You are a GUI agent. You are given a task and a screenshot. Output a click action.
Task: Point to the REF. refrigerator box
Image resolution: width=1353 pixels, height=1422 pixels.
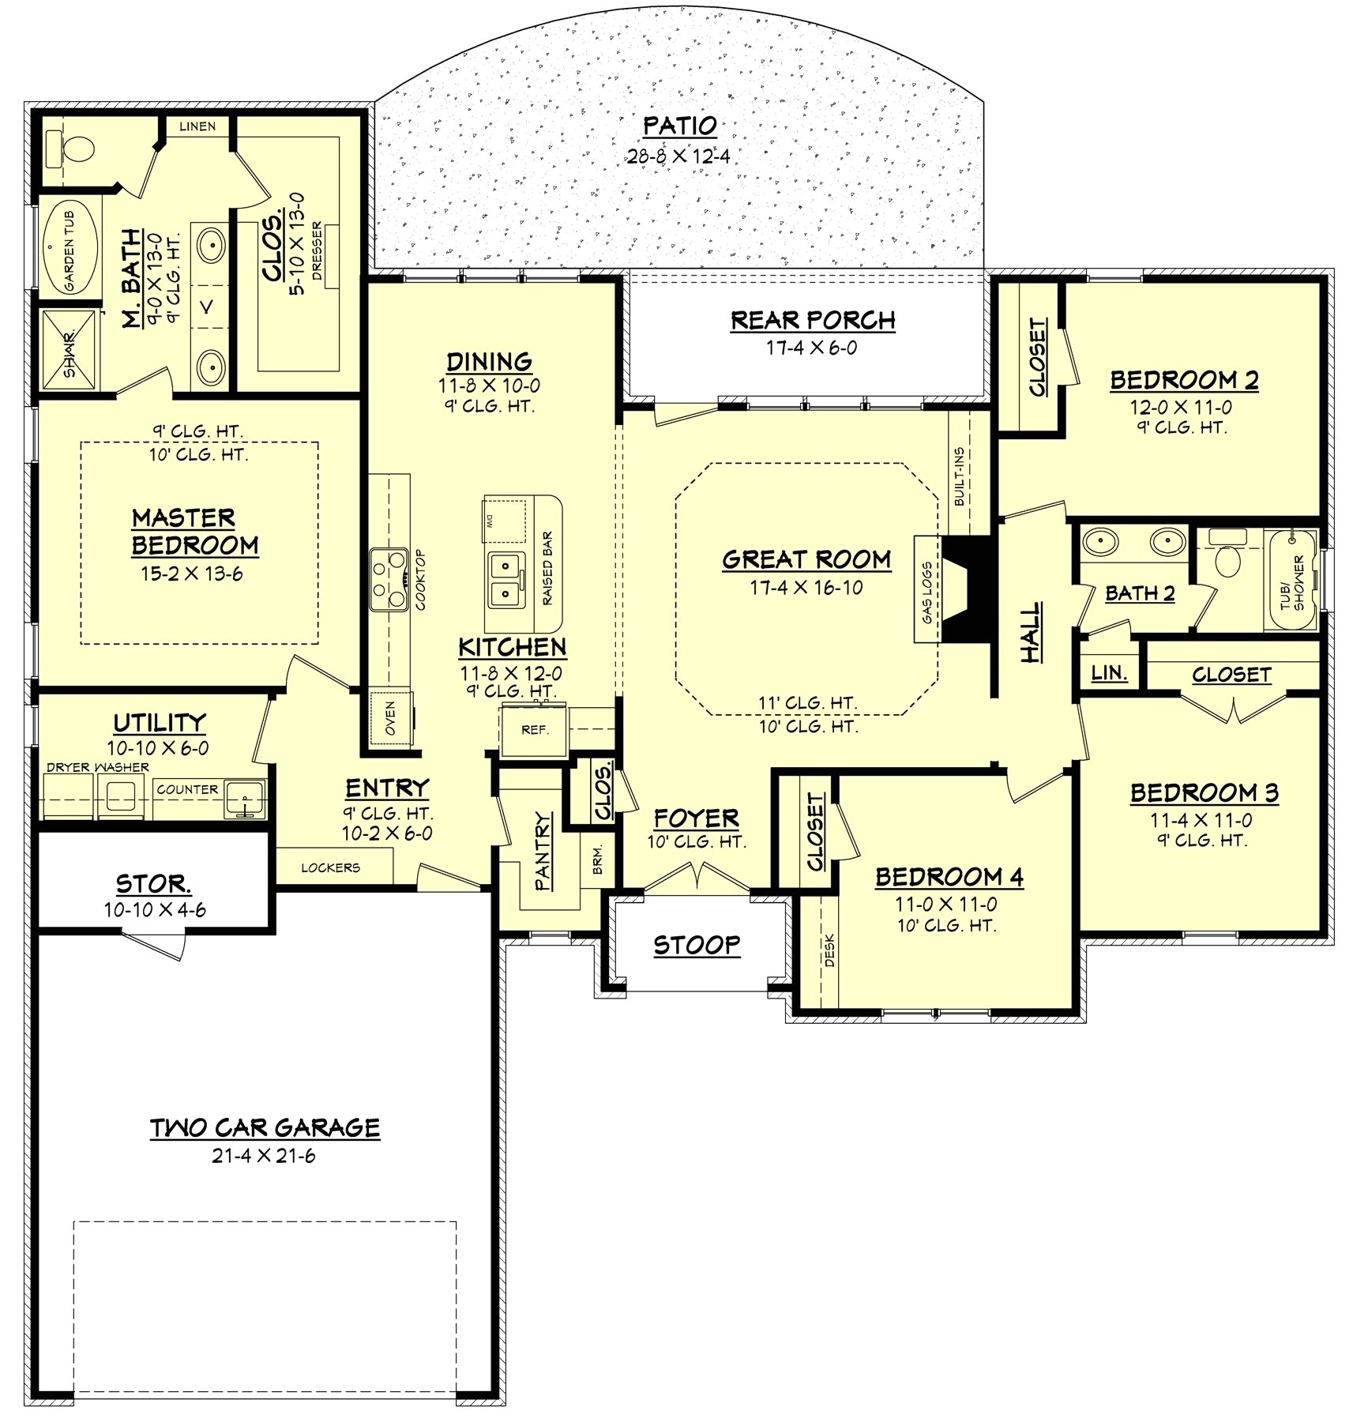pos(535,730)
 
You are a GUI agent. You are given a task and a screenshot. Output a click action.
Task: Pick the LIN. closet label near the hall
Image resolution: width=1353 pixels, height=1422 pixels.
pos(1109,673)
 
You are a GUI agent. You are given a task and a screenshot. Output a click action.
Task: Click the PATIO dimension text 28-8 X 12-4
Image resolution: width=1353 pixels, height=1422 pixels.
pos(678,156)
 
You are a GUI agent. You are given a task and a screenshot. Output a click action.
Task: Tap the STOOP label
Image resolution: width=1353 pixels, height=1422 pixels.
pos(697,945)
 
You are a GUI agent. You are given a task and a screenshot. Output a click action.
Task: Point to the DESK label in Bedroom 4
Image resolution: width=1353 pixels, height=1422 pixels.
pos(829,951)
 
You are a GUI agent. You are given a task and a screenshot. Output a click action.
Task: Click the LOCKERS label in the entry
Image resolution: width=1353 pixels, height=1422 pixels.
pos(330,867)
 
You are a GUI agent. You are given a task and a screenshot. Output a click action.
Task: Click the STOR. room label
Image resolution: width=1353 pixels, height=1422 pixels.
pos(154,882)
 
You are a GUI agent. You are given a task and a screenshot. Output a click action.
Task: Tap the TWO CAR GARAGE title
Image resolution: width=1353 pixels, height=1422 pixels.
pos(265,1127)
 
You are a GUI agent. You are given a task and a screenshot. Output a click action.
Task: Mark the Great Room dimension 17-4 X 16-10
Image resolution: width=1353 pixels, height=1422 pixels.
pos(806,587)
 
